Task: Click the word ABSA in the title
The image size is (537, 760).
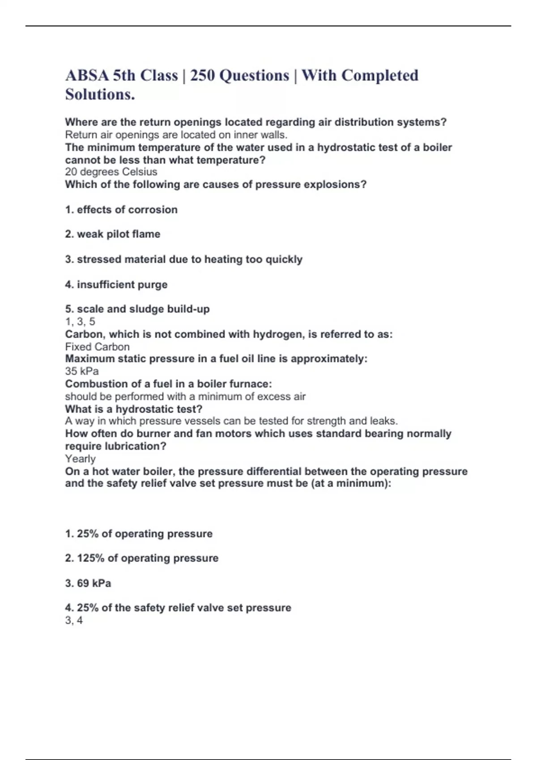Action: tap(87, 76)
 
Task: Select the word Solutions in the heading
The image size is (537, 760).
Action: tap(99, 94)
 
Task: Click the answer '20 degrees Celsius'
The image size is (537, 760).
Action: tap(111, 172)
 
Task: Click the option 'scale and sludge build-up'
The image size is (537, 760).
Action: tap(137, 309)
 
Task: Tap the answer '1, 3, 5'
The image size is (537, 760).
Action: tap(80, 321)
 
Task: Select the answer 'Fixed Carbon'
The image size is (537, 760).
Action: tap(97, 347)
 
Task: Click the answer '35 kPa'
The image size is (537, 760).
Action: tap(82, 371)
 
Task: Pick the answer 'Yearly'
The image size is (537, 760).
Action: tap(80, 459)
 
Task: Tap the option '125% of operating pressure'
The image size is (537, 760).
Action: tap(142, 558)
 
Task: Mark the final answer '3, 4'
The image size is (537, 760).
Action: tap(74, 620)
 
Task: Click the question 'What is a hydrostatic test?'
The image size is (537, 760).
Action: tap(134, 409)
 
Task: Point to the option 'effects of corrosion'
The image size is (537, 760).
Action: tap(121, 210)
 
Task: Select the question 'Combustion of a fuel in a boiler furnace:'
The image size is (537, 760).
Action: tap(168, 384)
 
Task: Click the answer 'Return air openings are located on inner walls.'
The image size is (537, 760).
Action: tap(176, 135)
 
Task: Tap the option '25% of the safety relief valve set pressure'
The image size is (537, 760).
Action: tap(178, 608)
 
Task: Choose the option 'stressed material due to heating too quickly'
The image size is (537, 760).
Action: tap(184, 260)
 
